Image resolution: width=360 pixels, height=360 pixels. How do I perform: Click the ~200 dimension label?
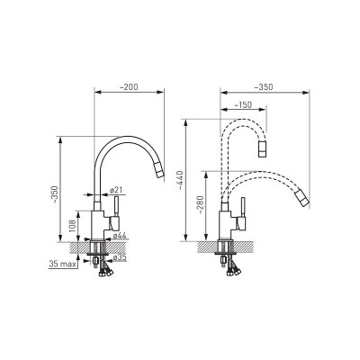click(x=129, y=86)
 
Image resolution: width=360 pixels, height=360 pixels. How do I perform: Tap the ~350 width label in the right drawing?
click(x=264, y=87)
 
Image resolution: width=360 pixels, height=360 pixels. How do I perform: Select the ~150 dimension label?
click(x=242, y=104)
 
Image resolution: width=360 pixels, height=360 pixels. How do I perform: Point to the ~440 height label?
click(x=180, y=180)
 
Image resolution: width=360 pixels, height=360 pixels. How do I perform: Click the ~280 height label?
click(x=200, y=205)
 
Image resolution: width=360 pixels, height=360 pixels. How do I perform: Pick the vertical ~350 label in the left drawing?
click(x=54, y=195)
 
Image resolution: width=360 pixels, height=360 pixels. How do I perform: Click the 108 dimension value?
click(x=73, y=225)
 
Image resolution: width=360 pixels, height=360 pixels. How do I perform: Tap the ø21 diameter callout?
click(x=115, y=190)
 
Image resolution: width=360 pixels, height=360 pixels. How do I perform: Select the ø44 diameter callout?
click(x=120, y=236)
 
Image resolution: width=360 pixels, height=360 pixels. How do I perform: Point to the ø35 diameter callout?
click(x=120, y=257)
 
